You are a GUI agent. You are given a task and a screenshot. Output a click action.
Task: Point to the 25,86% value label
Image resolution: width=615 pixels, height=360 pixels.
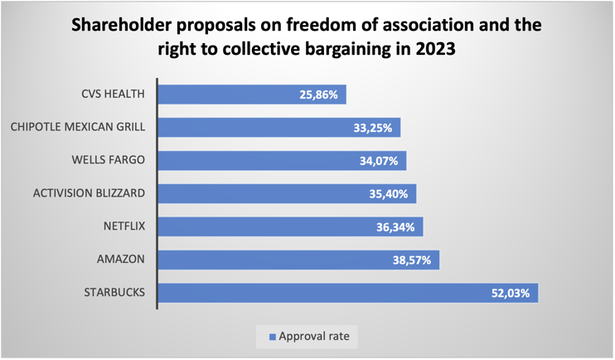318,95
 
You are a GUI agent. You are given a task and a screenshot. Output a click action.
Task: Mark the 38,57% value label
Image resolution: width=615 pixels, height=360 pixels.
411,260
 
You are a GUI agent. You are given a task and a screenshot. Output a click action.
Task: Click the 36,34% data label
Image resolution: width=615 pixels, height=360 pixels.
395,226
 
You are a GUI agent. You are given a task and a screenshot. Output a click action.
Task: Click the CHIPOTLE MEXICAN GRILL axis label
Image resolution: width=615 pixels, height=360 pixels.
79,127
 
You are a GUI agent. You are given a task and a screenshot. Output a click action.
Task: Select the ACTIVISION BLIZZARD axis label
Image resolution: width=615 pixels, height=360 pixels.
90,193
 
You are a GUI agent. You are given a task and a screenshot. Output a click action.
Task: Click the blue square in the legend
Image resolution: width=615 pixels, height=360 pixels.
271,338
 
